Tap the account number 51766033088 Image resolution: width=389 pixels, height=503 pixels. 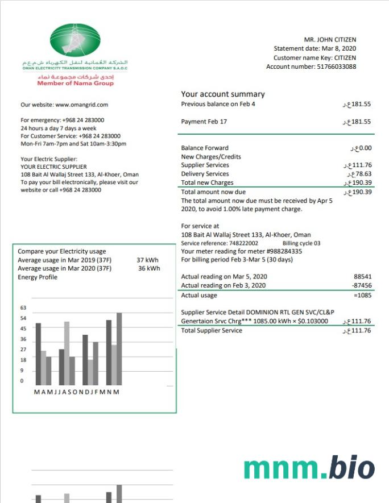(336, 66)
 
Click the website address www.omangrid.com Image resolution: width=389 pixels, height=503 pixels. (82, 105)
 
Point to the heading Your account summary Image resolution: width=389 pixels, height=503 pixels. (223, 94)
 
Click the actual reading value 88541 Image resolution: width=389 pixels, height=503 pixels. (362, 277)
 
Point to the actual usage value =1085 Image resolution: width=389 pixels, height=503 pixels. (362, 296)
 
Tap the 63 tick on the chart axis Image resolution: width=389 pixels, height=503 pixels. (23, 308)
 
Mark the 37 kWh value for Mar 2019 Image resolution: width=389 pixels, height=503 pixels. (147, 260)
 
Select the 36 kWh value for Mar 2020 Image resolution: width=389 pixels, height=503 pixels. (149, 268)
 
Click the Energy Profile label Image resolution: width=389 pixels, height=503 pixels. (38, 277)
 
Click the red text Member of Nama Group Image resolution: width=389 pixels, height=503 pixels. (75, 84)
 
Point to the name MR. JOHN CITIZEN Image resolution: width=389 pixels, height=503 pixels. (330, 40)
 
